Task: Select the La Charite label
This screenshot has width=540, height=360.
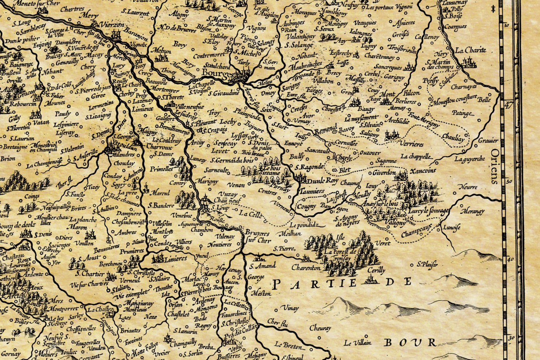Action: click(471, 50)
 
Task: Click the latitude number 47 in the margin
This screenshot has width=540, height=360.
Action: click(508, 105)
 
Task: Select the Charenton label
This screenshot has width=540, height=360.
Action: click(306, 268)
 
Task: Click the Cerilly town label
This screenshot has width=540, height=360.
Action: click(376, 270)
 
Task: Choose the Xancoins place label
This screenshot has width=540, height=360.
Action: click(423, 171)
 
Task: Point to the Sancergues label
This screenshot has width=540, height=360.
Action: click(387, 67)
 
